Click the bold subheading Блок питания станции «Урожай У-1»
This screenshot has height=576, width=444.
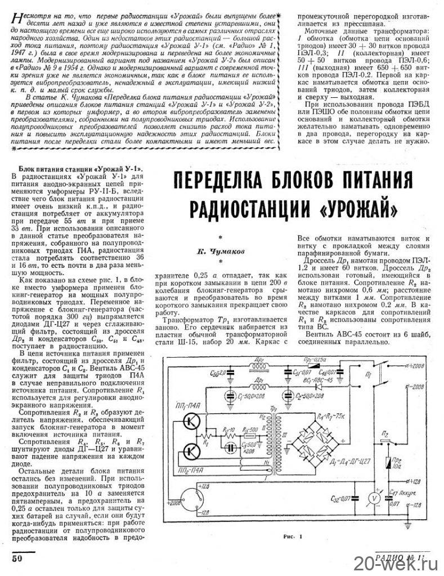pyautogui.click(x=80, y=169)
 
